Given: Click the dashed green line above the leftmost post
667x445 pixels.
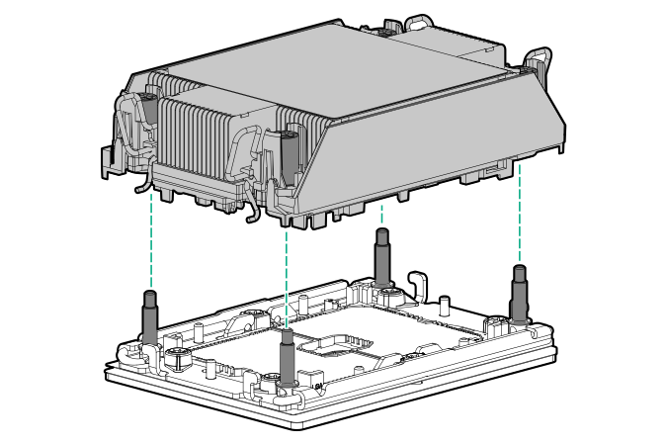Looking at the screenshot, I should (150, 237).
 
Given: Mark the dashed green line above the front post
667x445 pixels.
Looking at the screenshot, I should (286, 277).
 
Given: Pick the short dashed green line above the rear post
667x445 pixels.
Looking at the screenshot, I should (380, 215).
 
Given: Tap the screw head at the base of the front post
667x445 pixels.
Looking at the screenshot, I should (271, 381).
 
